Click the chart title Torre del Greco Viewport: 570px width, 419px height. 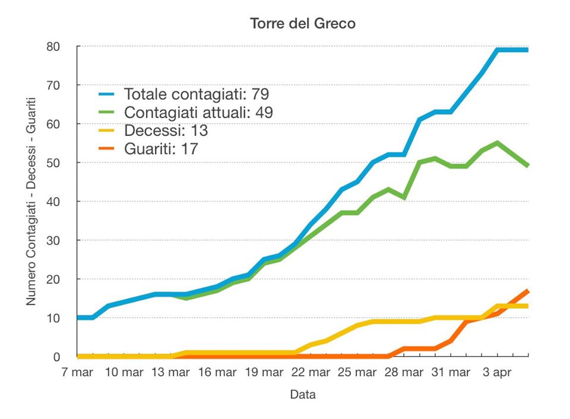(303, 24)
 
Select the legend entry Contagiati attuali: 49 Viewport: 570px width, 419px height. (198, 112)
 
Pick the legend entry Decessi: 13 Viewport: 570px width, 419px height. (166, 131)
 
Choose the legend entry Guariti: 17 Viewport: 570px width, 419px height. (161, 148)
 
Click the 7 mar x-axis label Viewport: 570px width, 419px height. (78, 373)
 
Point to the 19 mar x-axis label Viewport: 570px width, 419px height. (264, 373)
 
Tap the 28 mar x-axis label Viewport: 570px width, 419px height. (404, 373)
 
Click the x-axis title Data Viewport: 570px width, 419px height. (303, 395)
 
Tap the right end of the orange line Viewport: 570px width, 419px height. (528, 291)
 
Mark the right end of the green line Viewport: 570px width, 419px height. (528, 166)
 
